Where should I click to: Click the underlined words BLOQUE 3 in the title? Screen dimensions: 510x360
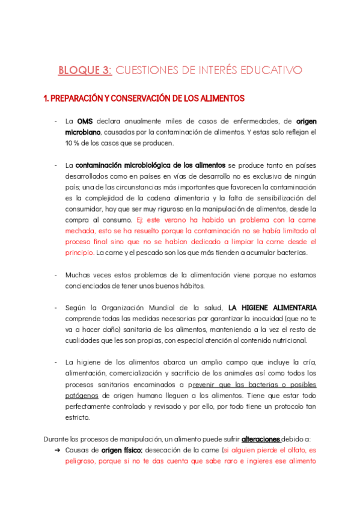point(85,70)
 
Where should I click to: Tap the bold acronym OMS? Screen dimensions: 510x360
point(85,120)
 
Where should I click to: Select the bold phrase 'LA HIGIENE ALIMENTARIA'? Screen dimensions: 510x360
point(273,308)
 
